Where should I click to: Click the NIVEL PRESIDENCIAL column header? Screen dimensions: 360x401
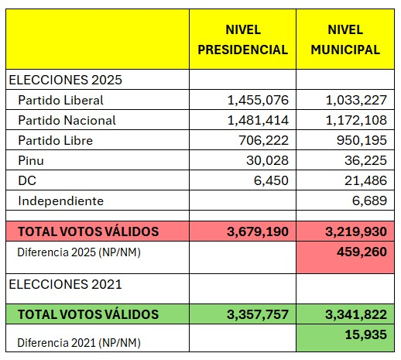tap(242, 39)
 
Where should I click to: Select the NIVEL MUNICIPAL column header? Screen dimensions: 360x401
tap(345, 39)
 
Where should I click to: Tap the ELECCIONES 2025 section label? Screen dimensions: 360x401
tap(65, 80)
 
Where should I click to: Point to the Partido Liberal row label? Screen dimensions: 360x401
tap(62, 100)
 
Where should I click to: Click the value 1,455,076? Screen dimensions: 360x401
tap(258, 100)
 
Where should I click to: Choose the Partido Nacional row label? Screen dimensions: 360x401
tap(68, 120)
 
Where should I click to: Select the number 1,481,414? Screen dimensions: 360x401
tap(258, 120)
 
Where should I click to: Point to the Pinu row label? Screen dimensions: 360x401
tap(33, 160)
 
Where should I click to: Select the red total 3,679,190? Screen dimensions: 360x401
tap(258, 231)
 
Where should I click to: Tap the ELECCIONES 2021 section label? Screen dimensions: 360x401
tap(65, 284)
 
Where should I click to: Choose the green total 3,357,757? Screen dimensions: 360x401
tap(258, 314)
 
